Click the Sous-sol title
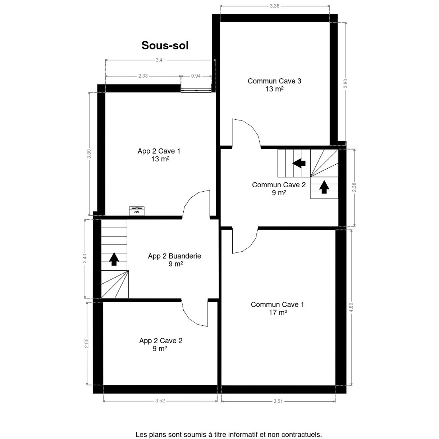tap(165, 45)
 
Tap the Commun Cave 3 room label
tap(274, 85)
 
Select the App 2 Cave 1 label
tap(159, 155)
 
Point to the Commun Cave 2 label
tap(279, 189)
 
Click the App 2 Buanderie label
tap(175, 260)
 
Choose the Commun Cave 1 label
tap(277, 308)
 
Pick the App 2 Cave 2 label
tap(161, 345)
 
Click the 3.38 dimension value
tap(274, 6)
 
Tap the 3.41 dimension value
tap(160, 60)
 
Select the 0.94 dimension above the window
tap(196, 76)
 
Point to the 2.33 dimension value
tap(143, 76)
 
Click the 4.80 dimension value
tap(351, 307)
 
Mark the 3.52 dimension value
tap(160, 407)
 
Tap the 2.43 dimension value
tap(85, 259)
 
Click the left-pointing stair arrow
tap(299, 163)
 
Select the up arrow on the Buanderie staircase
tap(114, 259)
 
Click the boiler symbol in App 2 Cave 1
tap(137, 211)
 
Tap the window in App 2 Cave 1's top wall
tap(196, 91)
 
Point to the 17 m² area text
tap(278, 312)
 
